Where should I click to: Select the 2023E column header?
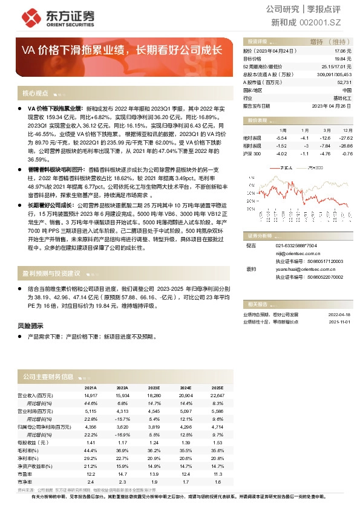pyautogui.click(x=154, y=388)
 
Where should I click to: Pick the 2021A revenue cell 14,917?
pyautogui.click(x=90, y=395)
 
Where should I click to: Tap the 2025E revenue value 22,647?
pyautogui.click(x=217, y=395)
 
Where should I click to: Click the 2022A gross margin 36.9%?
pyautogui.click(x=122, y=450)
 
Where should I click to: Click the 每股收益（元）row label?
pyautogui.click(x=33, y=442)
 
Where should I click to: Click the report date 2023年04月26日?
pyautogui.click(x=332, y=105)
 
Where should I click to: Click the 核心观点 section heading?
pyautogui.click(x=35, y=94)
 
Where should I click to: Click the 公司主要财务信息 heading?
pyautogui.click(x=48, y=376)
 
